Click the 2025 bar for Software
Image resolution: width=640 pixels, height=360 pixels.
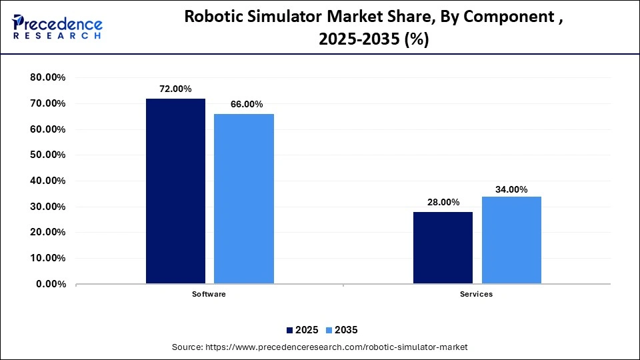pos(175,191)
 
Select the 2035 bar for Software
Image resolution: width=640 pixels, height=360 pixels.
pos(243,199)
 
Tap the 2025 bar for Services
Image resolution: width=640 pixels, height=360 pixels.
pos(443,248)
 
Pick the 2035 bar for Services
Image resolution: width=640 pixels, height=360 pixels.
pos(511,240)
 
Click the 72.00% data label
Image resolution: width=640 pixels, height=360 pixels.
pos(175,89)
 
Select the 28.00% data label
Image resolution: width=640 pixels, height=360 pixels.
pos(443,202)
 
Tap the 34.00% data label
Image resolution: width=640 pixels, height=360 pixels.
pos(511,189)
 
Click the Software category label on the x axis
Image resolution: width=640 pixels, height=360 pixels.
pos(209,295)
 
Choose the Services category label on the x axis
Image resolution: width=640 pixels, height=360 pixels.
pos(477,295)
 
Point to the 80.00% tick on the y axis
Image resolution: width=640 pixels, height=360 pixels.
pos(47,77)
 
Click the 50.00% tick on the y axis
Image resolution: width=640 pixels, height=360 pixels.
pos(47,155)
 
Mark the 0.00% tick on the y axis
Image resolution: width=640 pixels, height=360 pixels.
pos(50,284)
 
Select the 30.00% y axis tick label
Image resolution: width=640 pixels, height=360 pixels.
pos(47,207)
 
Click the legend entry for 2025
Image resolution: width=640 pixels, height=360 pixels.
pos(304,330)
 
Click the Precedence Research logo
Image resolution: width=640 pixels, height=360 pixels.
pos(57,27)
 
